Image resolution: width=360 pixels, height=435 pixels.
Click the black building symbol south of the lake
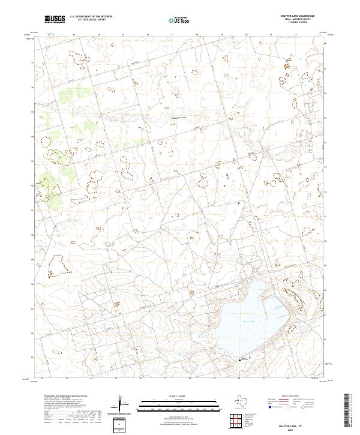240,359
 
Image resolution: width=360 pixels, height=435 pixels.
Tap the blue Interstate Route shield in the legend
269,407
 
